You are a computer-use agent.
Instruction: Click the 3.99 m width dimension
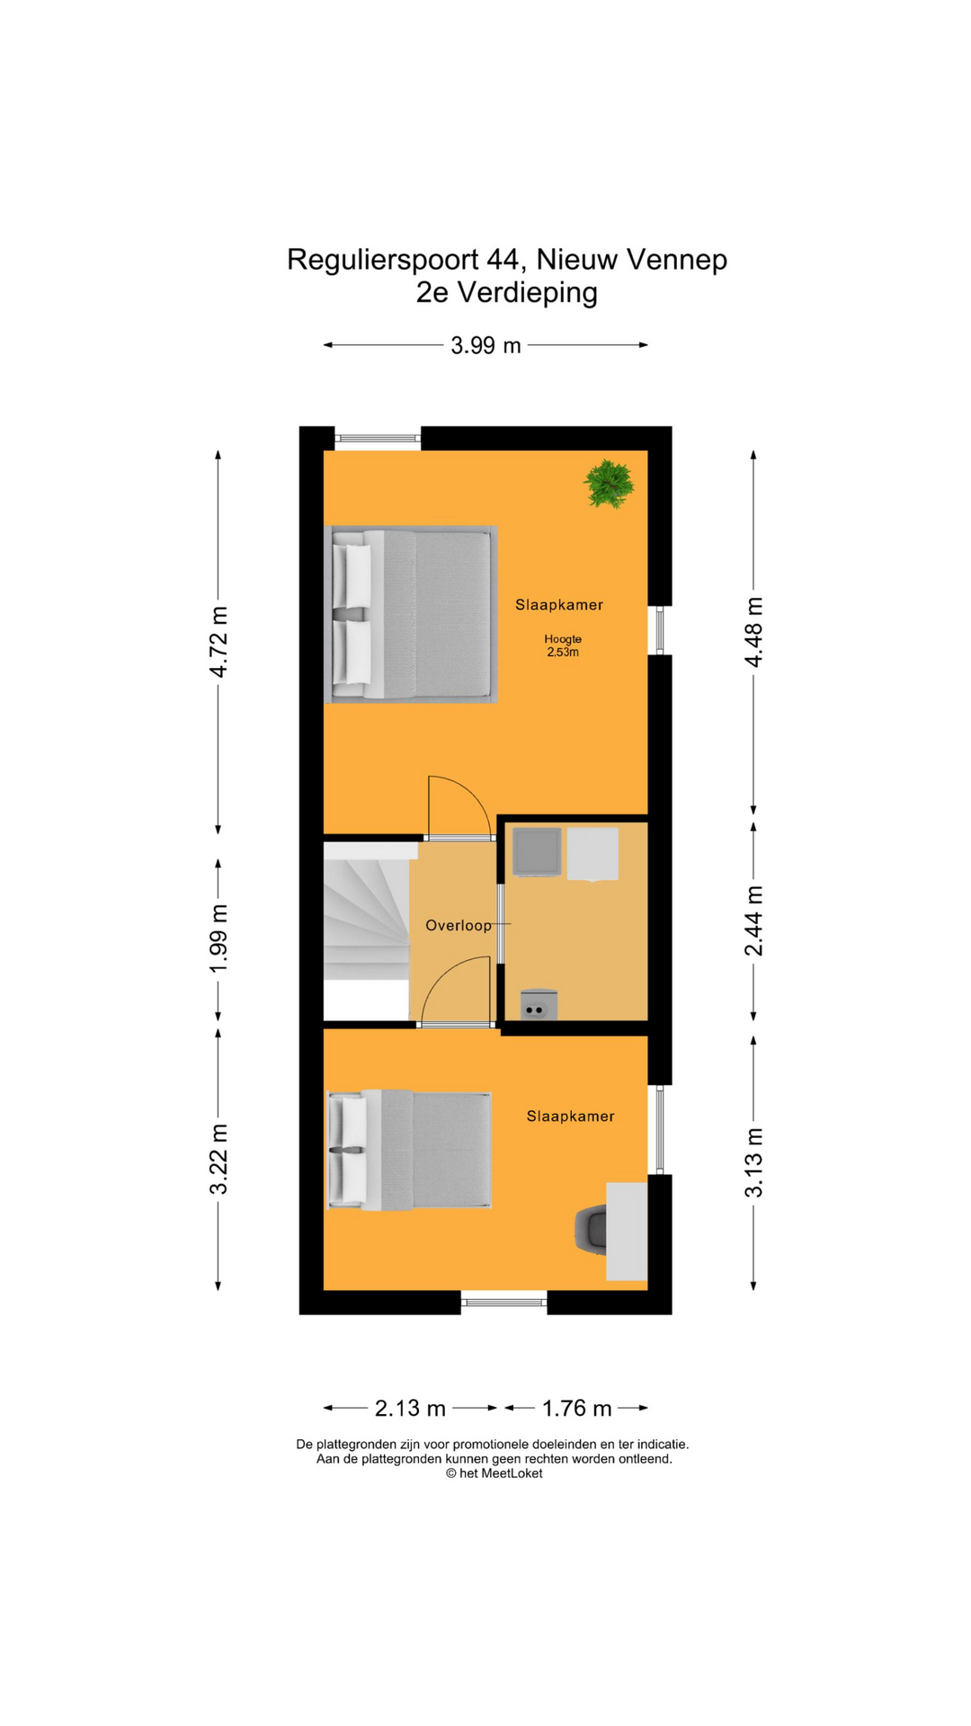(x=485, y=345)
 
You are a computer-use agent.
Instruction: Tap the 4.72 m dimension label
(x=218, y=641)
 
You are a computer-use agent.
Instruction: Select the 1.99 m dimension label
(x=218, y=939)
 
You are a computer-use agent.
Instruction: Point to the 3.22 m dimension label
(x=218, y=1159)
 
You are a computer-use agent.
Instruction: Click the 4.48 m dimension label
(x=753, y=632)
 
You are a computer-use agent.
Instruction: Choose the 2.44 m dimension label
(x=753, y=921)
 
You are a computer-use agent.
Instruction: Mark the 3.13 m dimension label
(x=753, y=1162)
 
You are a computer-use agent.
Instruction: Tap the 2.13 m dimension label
(x=410, y=1408)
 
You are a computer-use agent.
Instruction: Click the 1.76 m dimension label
(x=576, y=1408)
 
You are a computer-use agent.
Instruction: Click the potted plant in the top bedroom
(x=609, y=484)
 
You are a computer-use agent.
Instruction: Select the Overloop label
(x=459, y=926)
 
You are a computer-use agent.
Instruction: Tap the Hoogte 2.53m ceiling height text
(x=563, y=645)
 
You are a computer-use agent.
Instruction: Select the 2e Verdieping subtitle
(x=506, y=293)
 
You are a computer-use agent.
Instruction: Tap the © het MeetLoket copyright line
(x=494, y=1473)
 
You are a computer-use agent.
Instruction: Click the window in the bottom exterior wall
(x=503, y=1301)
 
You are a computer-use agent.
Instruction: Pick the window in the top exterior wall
(x=378, y=439)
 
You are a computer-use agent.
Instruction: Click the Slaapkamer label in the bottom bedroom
(x=570, y=1117)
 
